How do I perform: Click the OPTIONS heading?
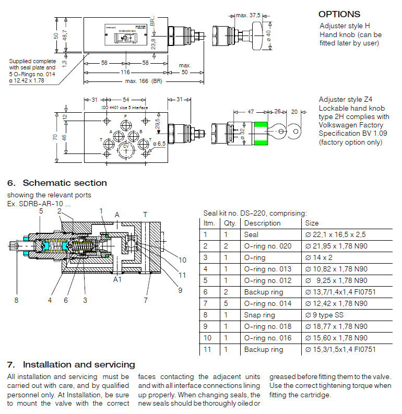(339, 15)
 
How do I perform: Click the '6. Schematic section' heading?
(57, 183)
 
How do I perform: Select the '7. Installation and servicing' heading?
(71, 364)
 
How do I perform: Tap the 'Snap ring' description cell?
(259, 315)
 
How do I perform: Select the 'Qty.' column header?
(230, 223)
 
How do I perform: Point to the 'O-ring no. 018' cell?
(266, 326)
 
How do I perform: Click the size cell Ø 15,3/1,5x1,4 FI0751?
(340, 349)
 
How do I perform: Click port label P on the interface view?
(125, 116)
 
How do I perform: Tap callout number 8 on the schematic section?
(16, 300)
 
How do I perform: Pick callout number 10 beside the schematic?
(182, 260)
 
